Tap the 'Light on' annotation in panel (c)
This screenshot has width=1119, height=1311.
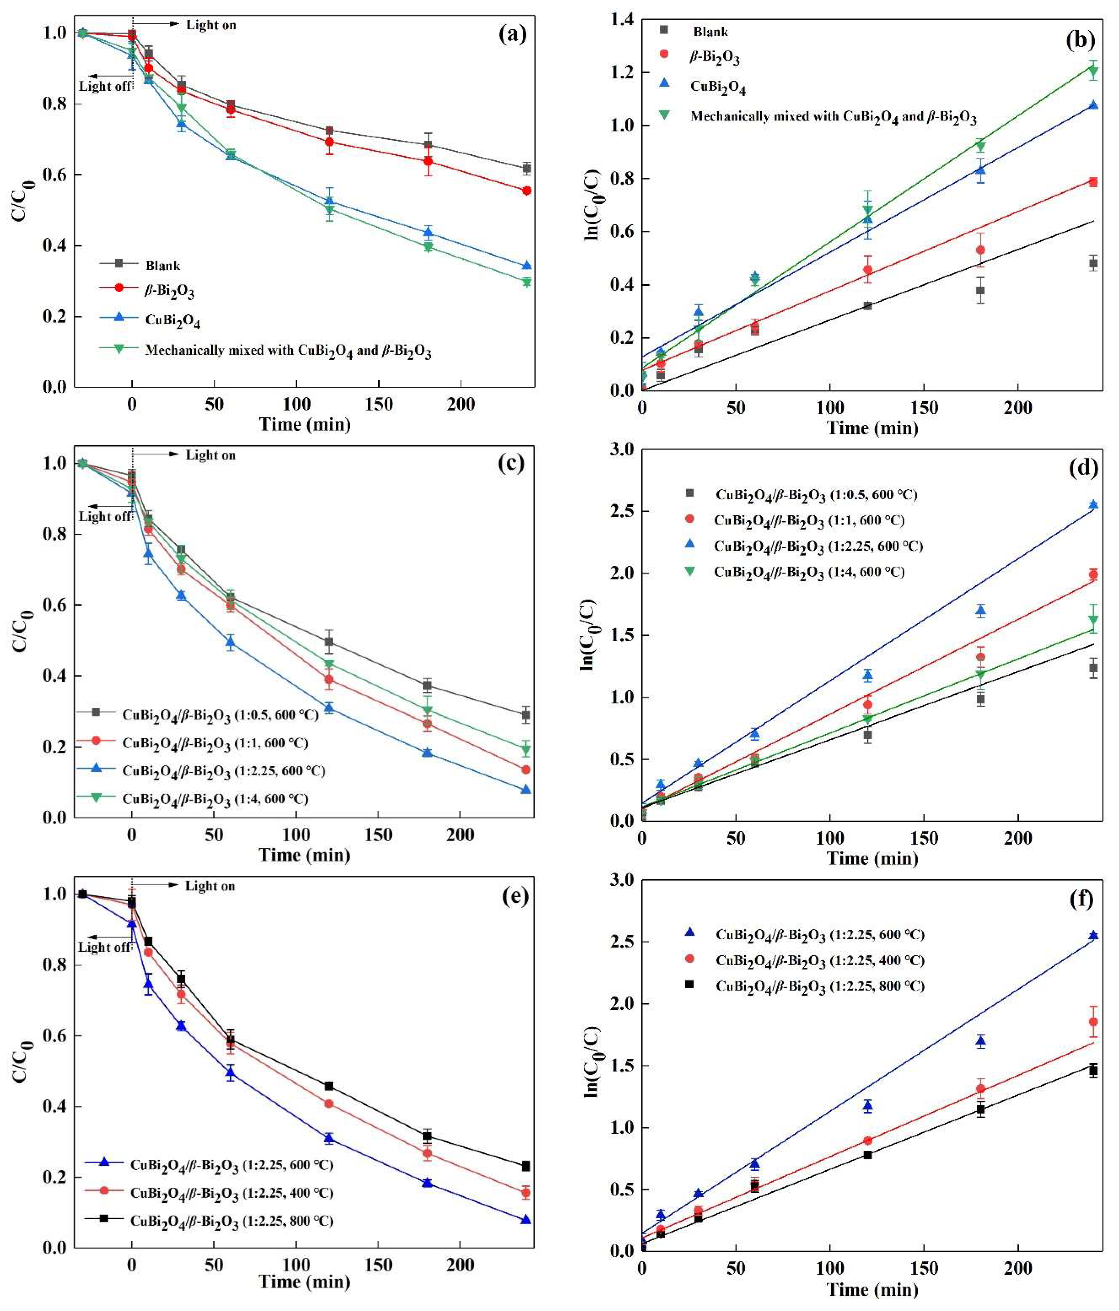210,455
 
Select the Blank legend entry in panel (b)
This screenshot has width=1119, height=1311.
710,32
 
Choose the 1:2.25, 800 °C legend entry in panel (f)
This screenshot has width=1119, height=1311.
820,986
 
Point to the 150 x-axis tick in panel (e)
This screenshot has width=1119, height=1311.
378,1264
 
